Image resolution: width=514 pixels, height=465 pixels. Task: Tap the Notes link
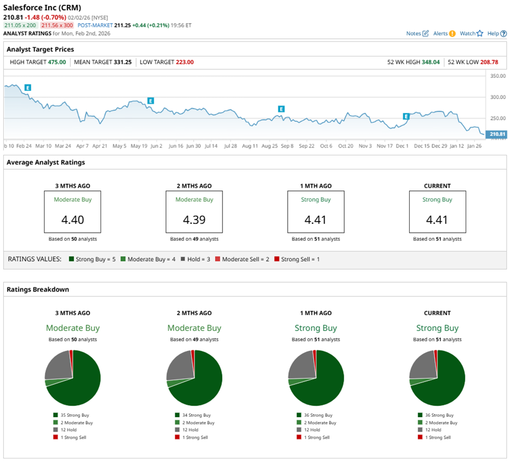click(x=417, y=33)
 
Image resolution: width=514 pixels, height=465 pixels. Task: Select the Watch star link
click(x=471, y=33)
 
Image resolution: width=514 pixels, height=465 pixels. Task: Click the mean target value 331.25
click(x=122, y=62)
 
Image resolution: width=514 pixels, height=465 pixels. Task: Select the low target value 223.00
click(x=185, y=62)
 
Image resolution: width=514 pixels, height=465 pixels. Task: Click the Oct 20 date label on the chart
click(x=345, y=146)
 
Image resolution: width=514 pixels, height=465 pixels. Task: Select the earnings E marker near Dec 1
click(x=406, y=116)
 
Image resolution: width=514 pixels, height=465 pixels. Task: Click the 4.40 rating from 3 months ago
click(x=73, y=220)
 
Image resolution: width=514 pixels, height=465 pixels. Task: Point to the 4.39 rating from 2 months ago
click(x=194, y=220)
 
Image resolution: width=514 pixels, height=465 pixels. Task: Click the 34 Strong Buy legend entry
click(x=198, y=415)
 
